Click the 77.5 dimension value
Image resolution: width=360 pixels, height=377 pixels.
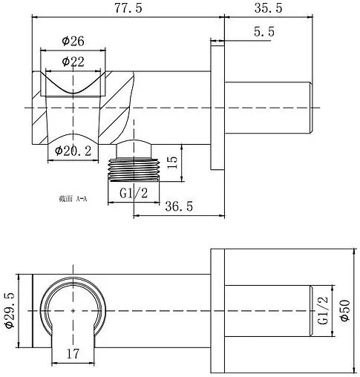tap(128, 8)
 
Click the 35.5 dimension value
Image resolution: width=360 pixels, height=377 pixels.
tap(268, 8)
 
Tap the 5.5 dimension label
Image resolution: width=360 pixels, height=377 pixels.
tap(264, 32)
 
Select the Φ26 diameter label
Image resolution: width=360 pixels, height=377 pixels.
tap(73, 41)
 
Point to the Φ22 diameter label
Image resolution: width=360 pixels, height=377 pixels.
tap(73, 62)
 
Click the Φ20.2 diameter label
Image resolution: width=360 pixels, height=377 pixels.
tap(73, 151)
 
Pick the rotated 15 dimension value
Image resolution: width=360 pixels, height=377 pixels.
tap(172, 163)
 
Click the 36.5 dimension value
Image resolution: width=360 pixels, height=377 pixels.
tap(179, 206)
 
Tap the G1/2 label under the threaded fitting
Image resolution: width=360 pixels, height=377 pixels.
tap(134, 193)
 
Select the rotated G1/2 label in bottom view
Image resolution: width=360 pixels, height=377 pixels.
tap(323, 310)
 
